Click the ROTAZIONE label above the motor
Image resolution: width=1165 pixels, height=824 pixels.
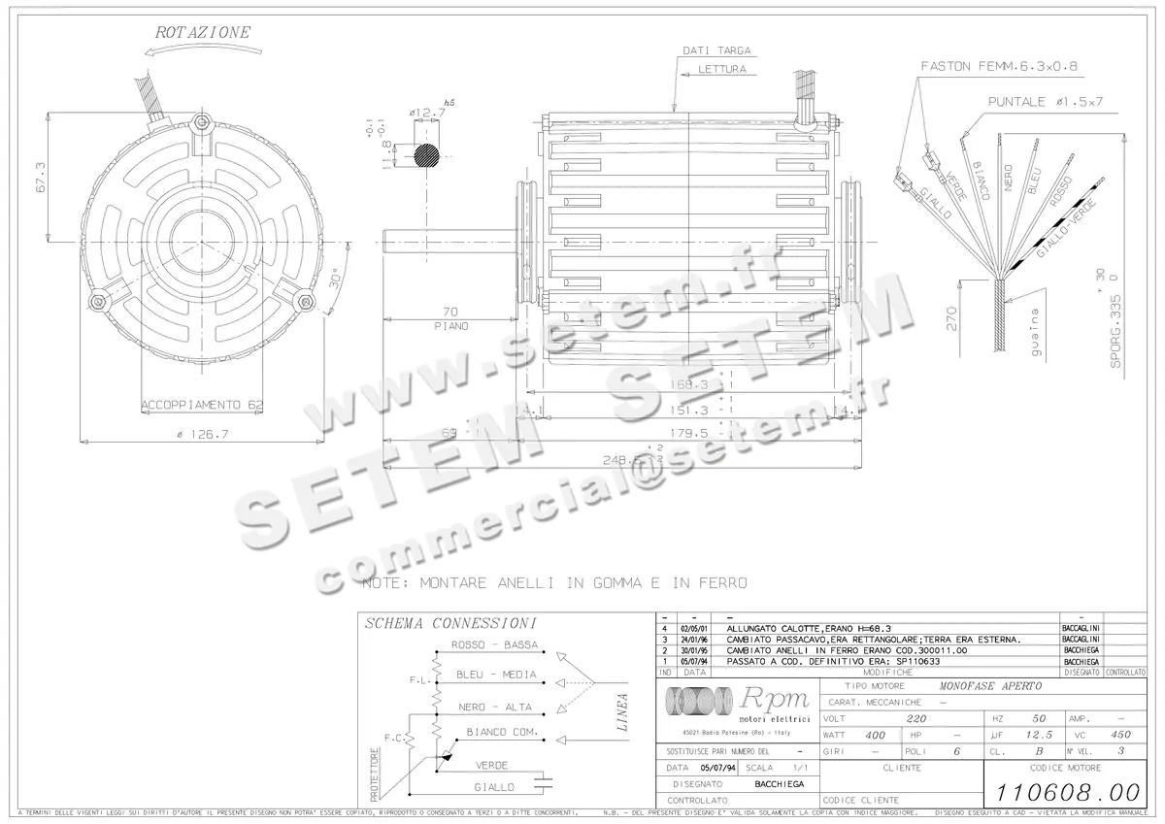coord(203,31)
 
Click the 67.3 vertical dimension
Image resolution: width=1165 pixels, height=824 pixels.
coord(40,178)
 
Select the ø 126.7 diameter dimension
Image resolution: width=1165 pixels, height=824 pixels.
coord(202,434)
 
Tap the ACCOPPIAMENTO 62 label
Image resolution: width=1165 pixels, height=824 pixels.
coord(202,404)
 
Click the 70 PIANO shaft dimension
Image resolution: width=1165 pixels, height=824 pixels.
coord(450,318)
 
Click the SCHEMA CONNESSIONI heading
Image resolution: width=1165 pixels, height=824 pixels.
coord(449,623)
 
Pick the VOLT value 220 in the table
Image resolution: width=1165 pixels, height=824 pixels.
coord(915,719)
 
